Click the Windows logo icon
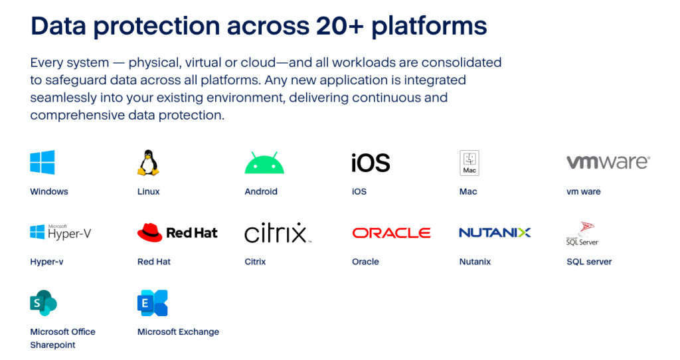[42, 163]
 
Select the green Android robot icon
[264, 163]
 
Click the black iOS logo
[371, 163]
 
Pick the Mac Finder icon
[469, 163]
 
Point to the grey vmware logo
[608, 162]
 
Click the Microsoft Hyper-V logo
[61, 232]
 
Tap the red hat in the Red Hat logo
[149, 232]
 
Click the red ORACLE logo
[391, 233]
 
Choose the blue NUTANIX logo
[495, 232]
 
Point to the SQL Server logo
[582, 234]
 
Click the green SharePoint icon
[44, 303]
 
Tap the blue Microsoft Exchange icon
[152, 303]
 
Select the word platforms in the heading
[429, 27]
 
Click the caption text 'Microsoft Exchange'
[178, 332]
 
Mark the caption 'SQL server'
[589, 262]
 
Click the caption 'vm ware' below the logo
[583, 192]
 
